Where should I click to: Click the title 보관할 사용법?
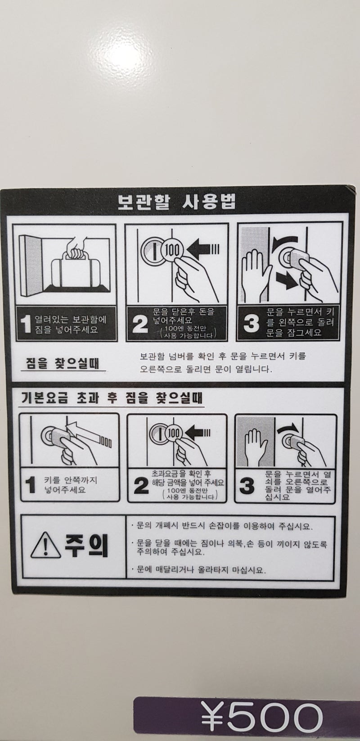pyautogui.click(x=177, y=202)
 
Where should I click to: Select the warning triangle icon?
pyautogui.click(x=45, y=547)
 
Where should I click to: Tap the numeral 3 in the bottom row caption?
pyautogui.click(x=247, y=486)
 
